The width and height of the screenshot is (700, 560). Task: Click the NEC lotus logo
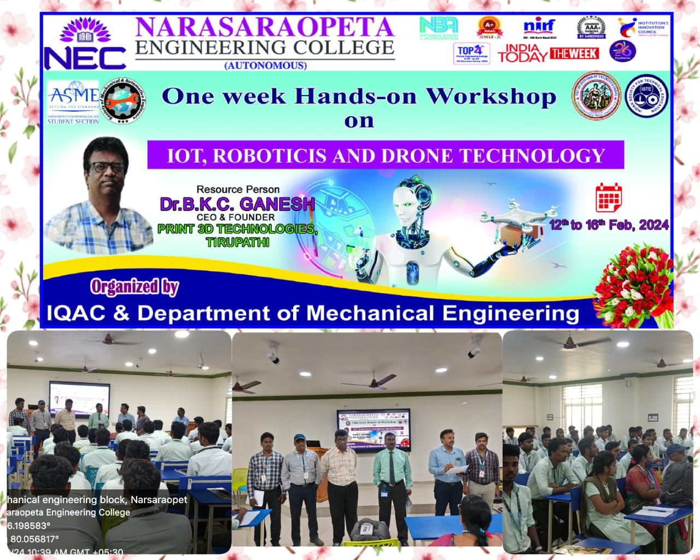point(84,44)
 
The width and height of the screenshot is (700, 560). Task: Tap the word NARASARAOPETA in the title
point(264,27)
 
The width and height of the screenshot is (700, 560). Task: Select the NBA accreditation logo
point(438,28)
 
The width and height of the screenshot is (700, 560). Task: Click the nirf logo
point(539,26)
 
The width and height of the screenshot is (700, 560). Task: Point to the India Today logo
point(522,53)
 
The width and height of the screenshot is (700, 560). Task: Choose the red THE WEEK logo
point(574,53)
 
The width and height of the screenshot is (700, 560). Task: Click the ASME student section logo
point(73,102)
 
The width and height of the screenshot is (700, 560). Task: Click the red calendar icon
point(608,197)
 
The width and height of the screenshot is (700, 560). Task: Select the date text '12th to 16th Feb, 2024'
point(609,225)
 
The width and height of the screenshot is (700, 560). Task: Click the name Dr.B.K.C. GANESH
point(237,204)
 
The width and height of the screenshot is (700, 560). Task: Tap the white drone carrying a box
point(517,219)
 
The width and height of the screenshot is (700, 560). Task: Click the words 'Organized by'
point(135,287)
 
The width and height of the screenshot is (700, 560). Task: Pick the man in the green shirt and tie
point(392,475)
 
